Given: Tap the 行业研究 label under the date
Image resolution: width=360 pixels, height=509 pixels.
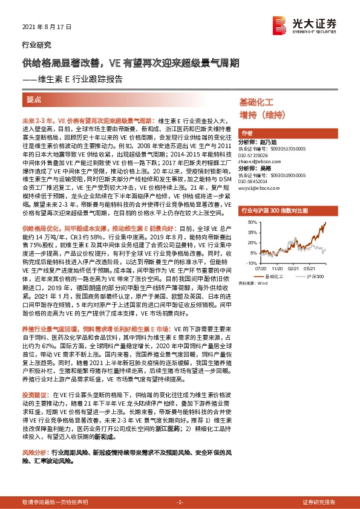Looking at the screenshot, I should tap(36, 45).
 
